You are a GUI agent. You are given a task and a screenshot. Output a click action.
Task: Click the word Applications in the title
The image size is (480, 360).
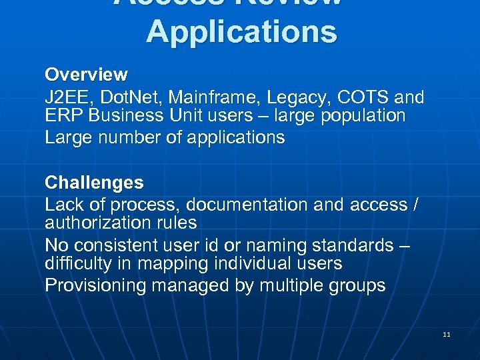[241, 31]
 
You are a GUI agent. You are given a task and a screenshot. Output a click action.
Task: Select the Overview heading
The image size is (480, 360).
[86, 73]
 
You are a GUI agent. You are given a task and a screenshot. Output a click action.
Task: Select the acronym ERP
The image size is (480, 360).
[63, 115]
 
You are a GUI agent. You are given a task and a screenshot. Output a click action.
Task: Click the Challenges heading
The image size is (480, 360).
[94, 182]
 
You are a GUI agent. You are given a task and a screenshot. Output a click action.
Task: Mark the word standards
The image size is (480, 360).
[350, 245]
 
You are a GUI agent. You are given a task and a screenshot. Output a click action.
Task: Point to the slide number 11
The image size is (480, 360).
[447, 334]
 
